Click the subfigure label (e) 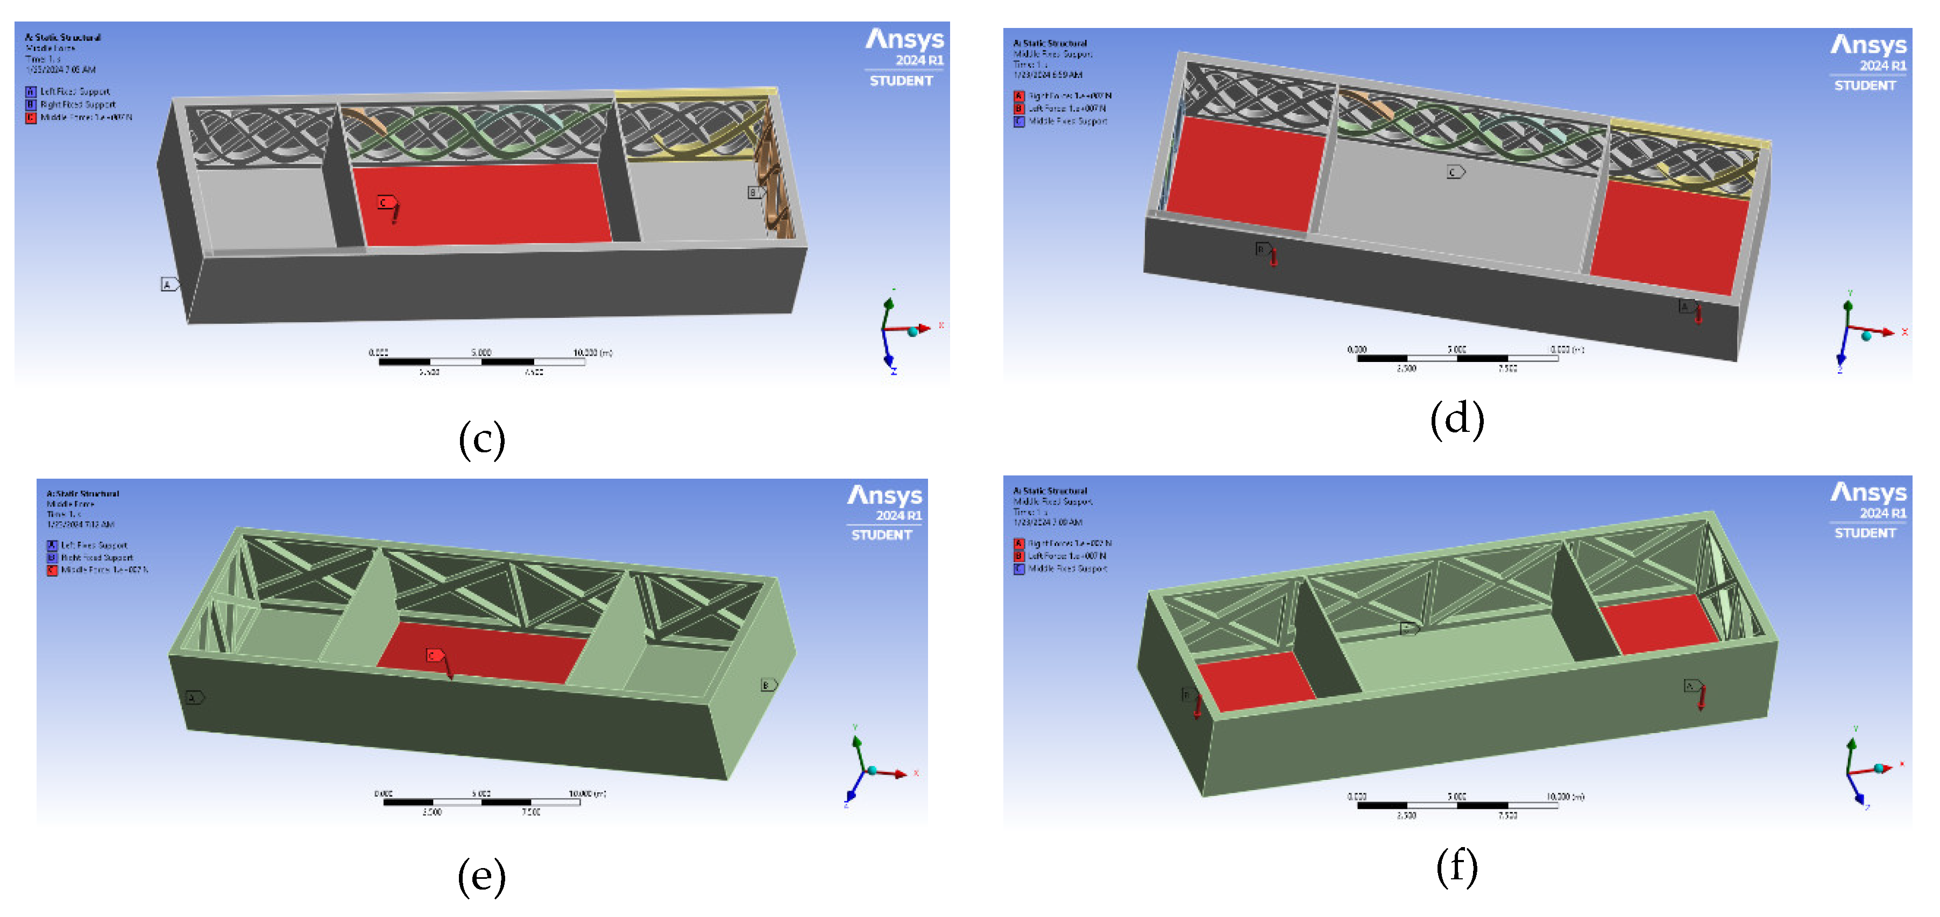[x=482, y=876]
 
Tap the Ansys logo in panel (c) [x=904, y=39]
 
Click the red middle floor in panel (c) [x=482, y=203]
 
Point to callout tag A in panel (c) [x=169, y=285]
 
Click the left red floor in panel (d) [x=1244, y=173]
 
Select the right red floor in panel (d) [x=1668, y=237]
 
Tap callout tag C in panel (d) [x=1454, y=173]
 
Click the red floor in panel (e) [x=482, y=651]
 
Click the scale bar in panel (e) [x=482, y=802]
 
